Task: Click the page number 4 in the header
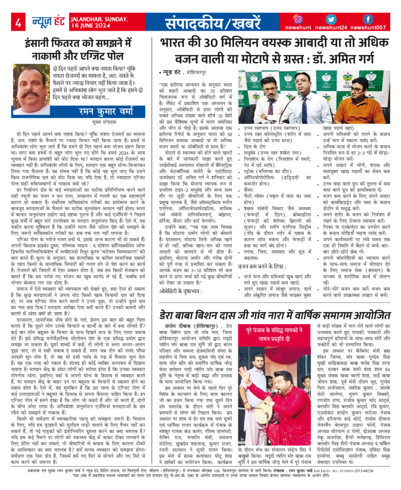point(18,22)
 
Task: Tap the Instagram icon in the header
point(302,19)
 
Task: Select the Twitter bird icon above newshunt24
point(334,19)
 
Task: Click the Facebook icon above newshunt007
point(368,19)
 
